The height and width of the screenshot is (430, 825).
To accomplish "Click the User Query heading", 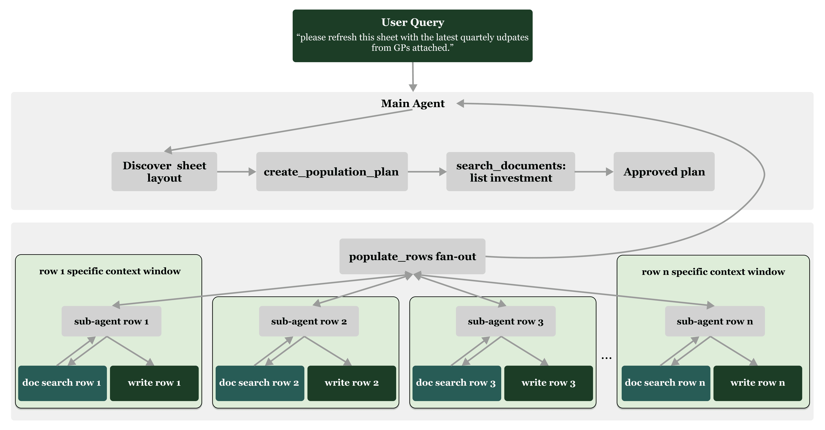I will pyautogui.click(x=413, y=22).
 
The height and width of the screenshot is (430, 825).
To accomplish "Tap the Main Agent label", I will pyautogui.click(x=413, y=104).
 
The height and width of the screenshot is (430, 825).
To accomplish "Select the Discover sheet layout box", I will pyautogui.click(x=164, y=172).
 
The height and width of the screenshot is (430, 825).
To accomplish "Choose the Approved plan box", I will pyautogui.click(x=664, y=172).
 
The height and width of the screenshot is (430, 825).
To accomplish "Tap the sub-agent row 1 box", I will pyautogui.click(x=112, y=321).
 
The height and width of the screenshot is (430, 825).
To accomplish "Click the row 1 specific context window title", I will pyautogui.click(x=110, y=271).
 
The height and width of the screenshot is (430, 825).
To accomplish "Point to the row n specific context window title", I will pyautogui.click(x=713, y=272).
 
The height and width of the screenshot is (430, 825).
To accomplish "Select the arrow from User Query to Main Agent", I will pyautogui.click(x=413, y=77).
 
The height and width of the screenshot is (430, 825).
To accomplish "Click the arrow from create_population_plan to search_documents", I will pyautogui.click(x=427, y=172).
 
